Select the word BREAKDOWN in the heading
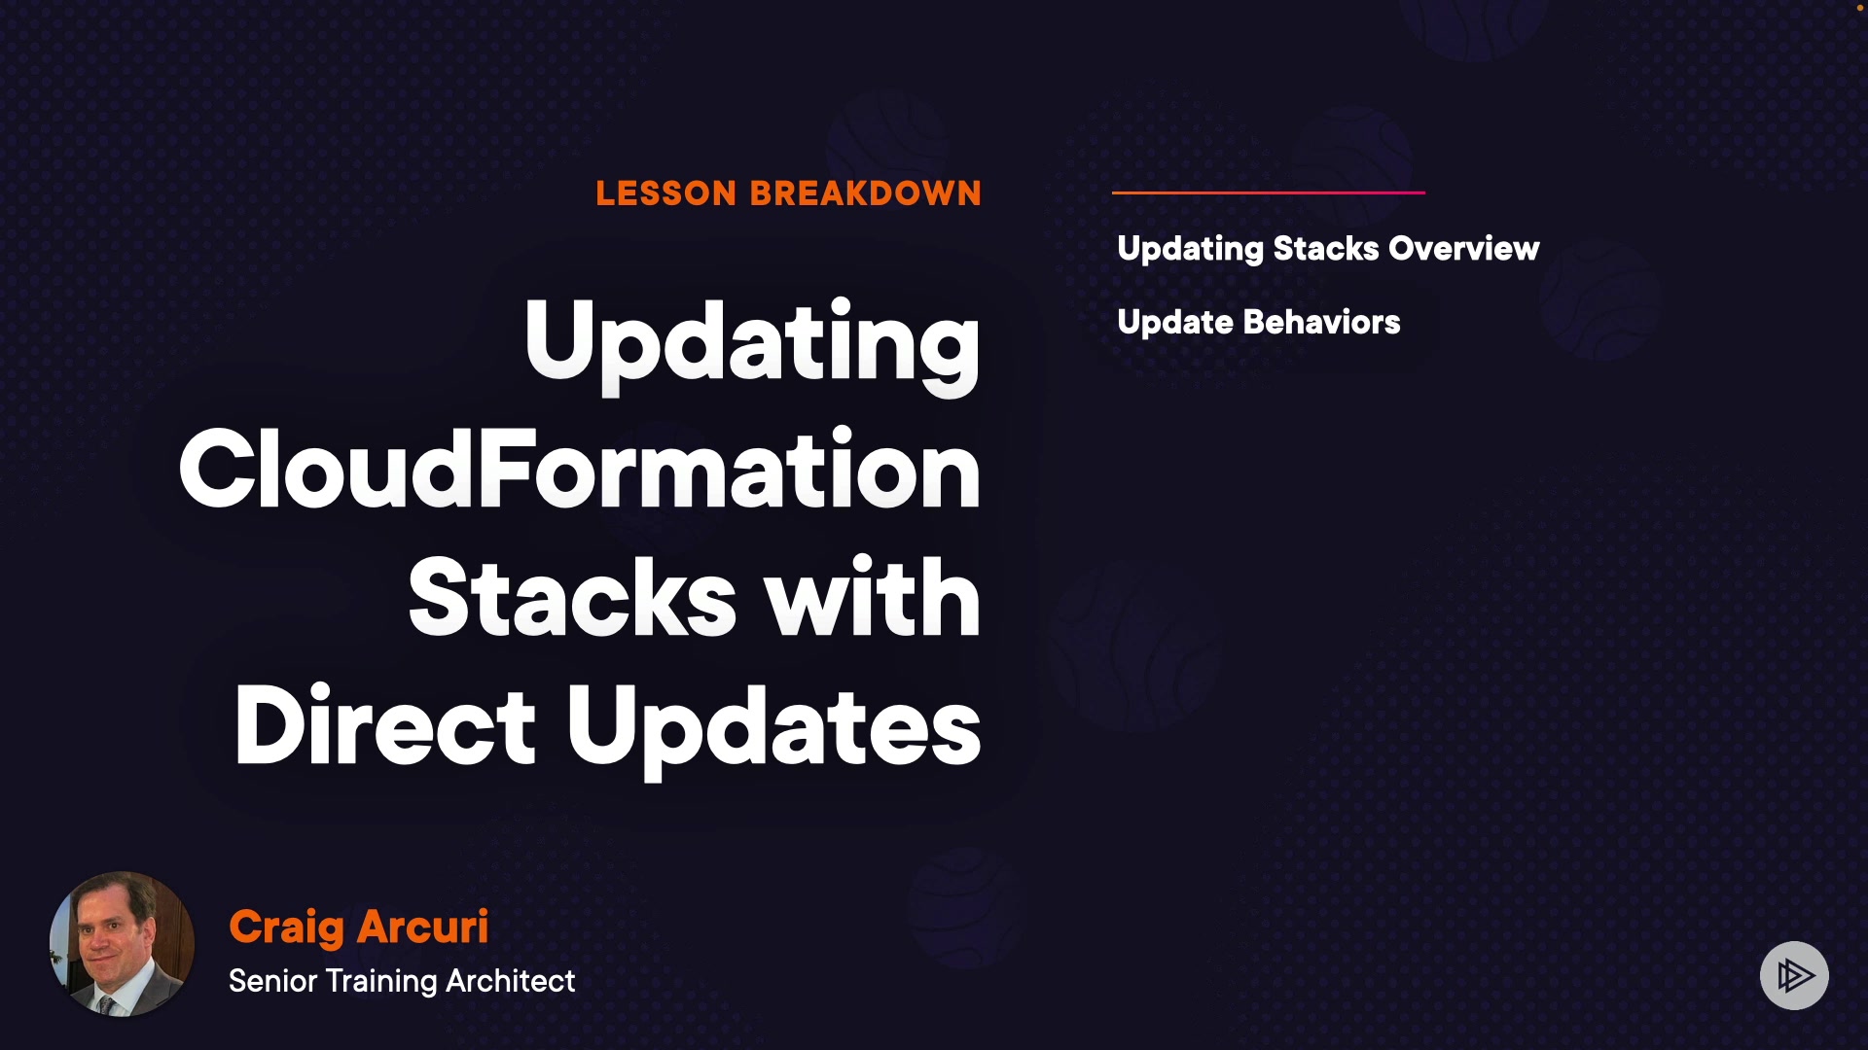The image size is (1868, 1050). coord(866,193)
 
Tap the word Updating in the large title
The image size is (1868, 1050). coord(752,344)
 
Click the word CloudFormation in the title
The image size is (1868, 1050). coord(580,470)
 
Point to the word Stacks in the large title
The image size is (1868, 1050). coord(572,597)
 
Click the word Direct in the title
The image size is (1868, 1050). coord(384,725)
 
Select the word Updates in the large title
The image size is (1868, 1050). coord(774,729)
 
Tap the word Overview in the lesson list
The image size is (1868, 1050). coord(1464,249)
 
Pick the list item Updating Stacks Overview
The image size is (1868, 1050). coord(1329,250)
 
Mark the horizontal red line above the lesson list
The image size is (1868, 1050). coord(1269,192)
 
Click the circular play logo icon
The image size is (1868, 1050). coord(1794,975)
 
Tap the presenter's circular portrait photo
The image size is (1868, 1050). coord(122,944)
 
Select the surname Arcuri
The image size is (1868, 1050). coord(423,927)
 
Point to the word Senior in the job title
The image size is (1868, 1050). coord(273,981)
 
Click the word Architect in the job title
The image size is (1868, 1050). coord(511,981)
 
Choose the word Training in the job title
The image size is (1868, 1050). coord(381,982)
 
